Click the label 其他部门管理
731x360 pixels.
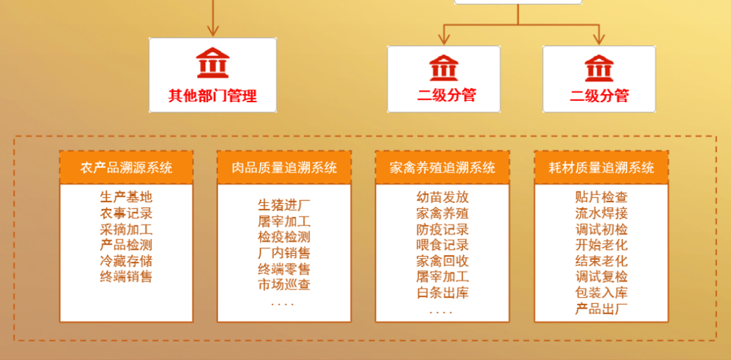click(x=213, y=95)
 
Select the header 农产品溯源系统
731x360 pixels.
click(x=127, y=167)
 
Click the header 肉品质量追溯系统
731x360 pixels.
click(x=284, y=167)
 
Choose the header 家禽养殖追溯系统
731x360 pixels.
click(x=443, y=167)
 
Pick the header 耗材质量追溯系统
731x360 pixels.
click(x=601, y=167)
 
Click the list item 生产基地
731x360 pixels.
click(x=127, y=198)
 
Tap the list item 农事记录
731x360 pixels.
click(x=127, y=213)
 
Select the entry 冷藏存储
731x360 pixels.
click(x=127, y=261)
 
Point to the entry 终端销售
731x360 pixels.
click(x=127, y=276)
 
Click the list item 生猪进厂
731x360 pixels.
click(x=284, y=205)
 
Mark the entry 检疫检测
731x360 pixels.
click(x=284, y=237)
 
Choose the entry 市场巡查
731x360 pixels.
click(x=284, y=284)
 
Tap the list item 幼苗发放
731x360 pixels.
click(x=443, y=198)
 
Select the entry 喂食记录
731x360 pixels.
click(x=443, y=245)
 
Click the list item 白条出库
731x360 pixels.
click(x=443, y=292)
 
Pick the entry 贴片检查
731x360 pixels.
click(x=601, y=198)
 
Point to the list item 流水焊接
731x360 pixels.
click(x=601, y=213)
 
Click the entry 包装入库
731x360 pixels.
click(x=601, y=292)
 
